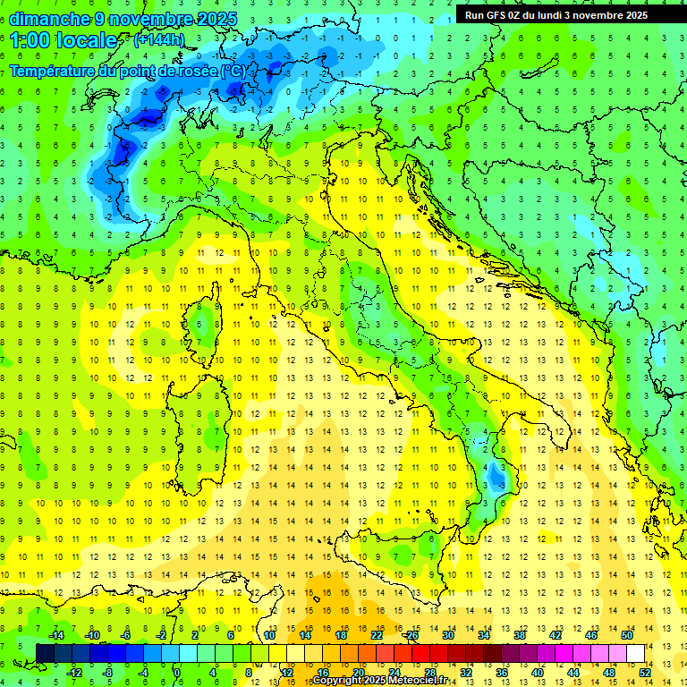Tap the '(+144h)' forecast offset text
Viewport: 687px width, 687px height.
[x=158, y=39]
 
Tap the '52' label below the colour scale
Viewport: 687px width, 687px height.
[x=645, y=673]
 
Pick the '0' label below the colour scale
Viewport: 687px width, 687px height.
[x=177, y=673]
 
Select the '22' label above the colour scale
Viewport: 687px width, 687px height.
[x=377, y=635]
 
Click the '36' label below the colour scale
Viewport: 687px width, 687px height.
[x=502, y=673]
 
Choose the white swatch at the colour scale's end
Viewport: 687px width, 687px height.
[x=635, y=654]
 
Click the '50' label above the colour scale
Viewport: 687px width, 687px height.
[x=627, y=635]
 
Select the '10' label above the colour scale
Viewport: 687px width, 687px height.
[x=269, y=635]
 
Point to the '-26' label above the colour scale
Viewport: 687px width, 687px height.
[x=411, y=635]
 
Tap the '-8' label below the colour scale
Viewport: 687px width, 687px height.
[x=107, y=673]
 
